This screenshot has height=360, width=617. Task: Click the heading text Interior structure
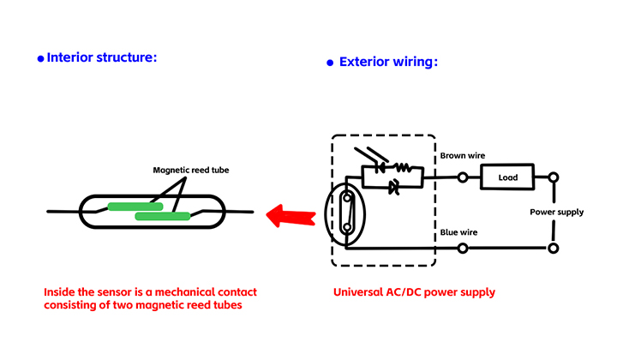tap(102, 58)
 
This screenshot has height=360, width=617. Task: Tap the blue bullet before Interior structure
tap(40, 59)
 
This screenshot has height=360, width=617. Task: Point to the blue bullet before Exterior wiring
tap(330, 63)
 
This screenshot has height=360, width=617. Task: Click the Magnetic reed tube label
tap(191, 170)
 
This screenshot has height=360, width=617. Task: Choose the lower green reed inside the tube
tap(162, 216)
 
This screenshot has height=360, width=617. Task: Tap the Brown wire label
tap(463, 156)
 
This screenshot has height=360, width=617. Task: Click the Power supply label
tap(556, 212)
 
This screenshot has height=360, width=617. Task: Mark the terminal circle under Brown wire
tap(463, 178)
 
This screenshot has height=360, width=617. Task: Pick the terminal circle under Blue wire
tap(463, 249)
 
